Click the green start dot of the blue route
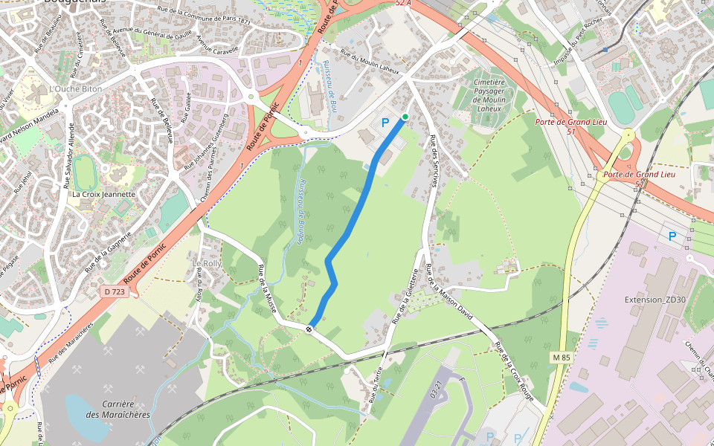coord(405,117)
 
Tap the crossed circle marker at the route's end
coord(309,327)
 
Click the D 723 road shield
coord(115,292)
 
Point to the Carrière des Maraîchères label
coord(118,410)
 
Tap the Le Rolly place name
coord(207,264)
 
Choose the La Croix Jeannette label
coord(103,195)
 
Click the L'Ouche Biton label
coord(74,88)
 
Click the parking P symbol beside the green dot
coord(385,123)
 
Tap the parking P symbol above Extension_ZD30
coord(672,236)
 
